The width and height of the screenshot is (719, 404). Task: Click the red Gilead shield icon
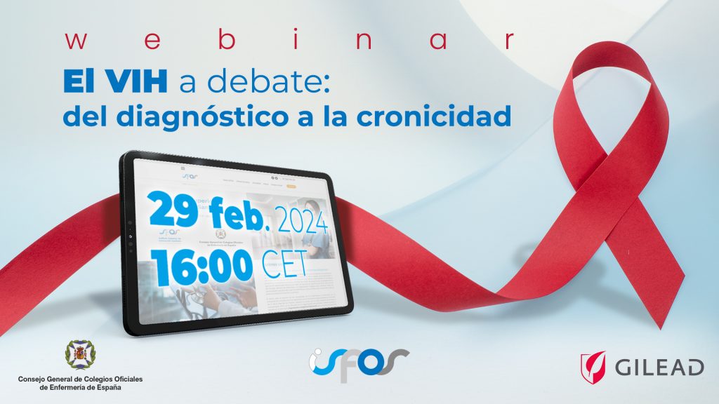tap(593, 366)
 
